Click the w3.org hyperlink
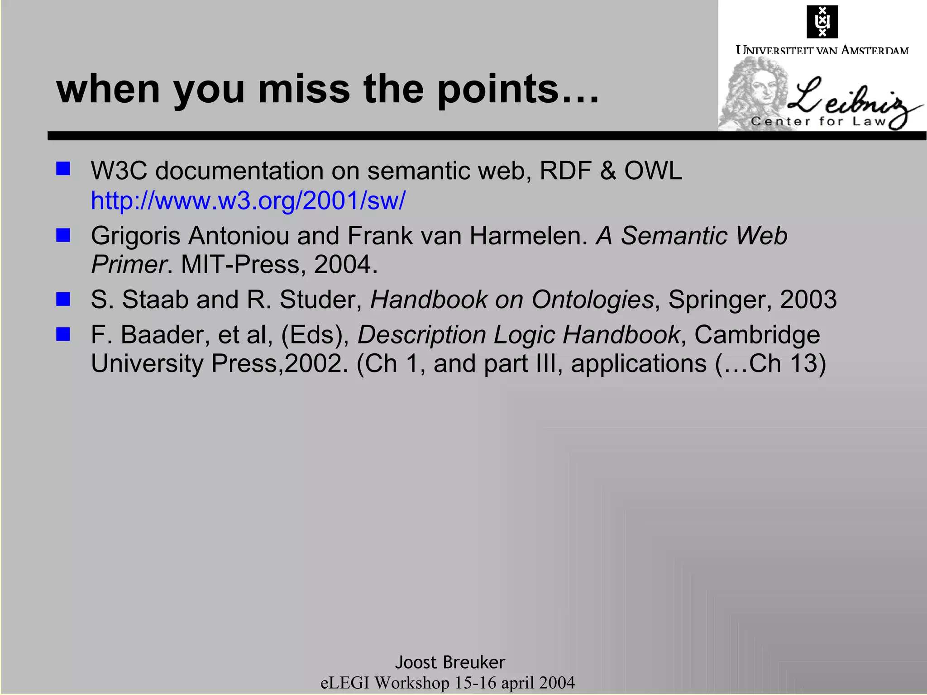point(248,200)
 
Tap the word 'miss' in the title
point(304,89)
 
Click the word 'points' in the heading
point(498,89)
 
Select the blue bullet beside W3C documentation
point(63,169)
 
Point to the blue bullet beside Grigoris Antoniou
point(63,235)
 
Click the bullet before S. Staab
point(63,299)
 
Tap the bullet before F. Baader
point(63,334)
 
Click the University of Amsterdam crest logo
point(822,22)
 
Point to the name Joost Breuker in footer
point(450,662)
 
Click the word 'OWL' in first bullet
point(653,171)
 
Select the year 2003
point(808,300)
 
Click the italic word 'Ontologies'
point(593,300)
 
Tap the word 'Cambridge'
point(757,335)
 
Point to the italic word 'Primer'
point(129,264)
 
